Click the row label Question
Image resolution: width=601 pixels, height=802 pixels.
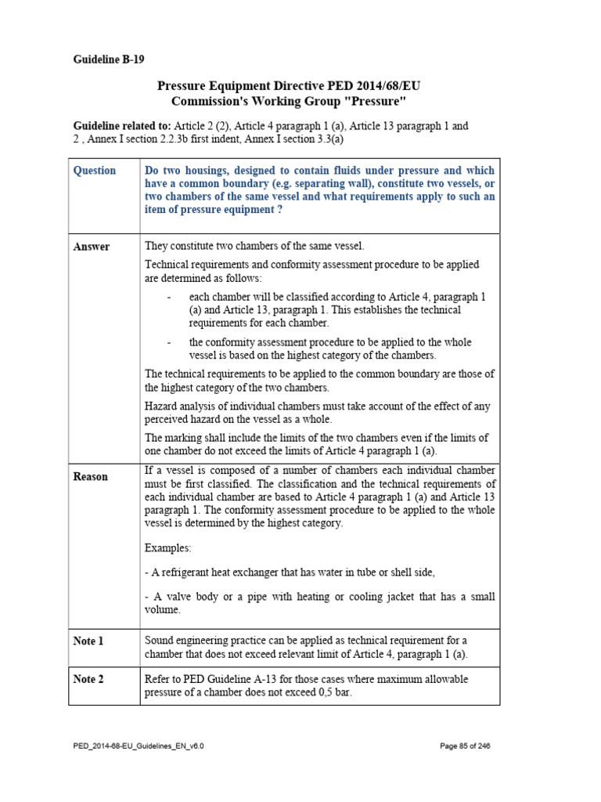click(94, 171)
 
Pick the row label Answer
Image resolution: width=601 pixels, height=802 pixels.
click(92, 247)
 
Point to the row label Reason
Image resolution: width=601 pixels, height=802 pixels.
click(91, 476)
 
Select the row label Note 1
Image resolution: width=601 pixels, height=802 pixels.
click(88, 641)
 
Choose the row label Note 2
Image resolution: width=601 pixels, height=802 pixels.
click(88, 679)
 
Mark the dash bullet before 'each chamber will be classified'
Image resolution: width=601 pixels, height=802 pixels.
click(169, 298)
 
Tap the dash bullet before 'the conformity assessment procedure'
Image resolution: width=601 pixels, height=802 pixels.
click(169, 342)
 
